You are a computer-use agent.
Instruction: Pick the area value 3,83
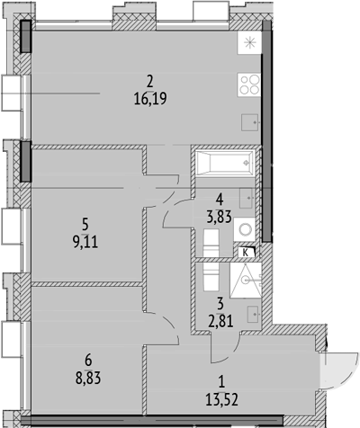pos(220,217)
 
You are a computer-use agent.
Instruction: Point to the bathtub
pos(223,165)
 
